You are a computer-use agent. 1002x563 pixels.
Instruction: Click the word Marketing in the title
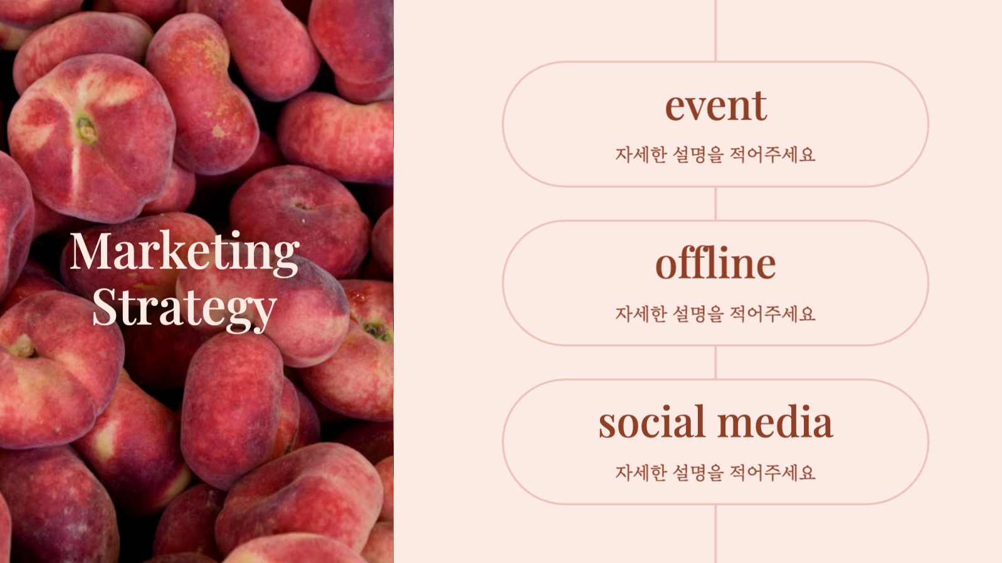(184, 252)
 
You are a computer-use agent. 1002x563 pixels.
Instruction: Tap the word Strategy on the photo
(184, 309)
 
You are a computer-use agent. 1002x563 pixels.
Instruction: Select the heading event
(715, 106)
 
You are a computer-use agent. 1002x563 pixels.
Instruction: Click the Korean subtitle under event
(715, 154)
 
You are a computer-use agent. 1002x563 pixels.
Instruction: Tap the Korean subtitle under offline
(715, 314)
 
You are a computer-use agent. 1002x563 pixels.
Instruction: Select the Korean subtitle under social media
(715, 473)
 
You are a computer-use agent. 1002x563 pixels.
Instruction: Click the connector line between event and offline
(715, 203)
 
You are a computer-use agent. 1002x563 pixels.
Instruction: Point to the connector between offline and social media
(715, 362)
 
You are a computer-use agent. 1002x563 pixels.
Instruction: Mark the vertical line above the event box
(715, 31)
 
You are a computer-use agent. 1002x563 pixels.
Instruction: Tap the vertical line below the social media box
(715, 534)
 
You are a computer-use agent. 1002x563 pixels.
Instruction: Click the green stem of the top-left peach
(86, 130)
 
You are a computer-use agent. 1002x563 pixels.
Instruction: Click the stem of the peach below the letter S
(23, 347)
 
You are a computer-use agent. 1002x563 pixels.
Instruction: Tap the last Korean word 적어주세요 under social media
(773, 473)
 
